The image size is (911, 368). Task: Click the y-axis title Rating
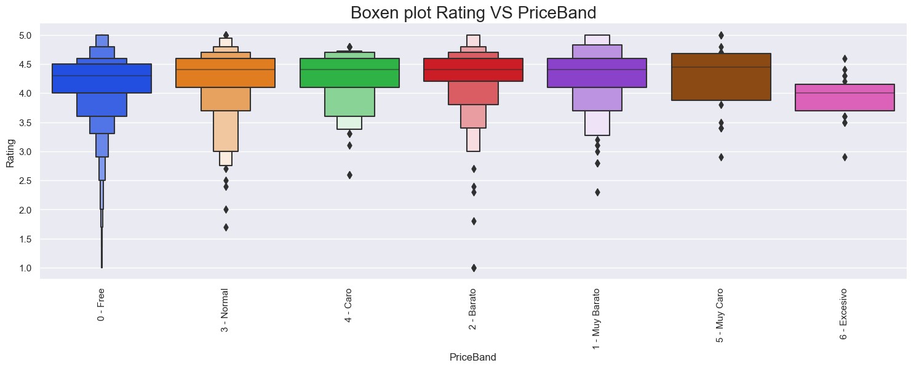[10, 152]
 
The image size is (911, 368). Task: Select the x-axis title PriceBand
[472, 357]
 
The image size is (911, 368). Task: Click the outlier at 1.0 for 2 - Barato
[473, 268]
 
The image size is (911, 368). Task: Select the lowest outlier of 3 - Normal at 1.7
[226, 227]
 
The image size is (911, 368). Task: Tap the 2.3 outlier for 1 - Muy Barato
[597, 192]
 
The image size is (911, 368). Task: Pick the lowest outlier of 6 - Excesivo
[844, 157]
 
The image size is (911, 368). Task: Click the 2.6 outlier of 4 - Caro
[349, 175]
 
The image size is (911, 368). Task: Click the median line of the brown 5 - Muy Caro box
[720, 67]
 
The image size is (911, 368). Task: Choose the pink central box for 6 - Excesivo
[844, 97]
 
